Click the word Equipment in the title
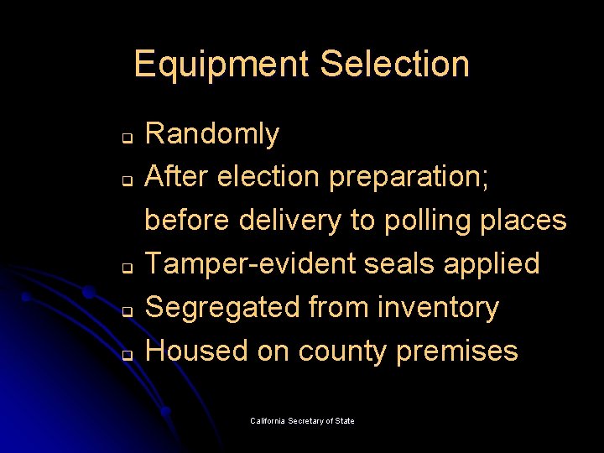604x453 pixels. [x=221, y=65]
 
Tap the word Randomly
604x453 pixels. [x=212, y=133]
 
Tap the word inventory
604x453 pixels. [x=438, y=308]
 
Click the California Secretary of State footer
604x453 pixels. [x=302, y=420]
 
